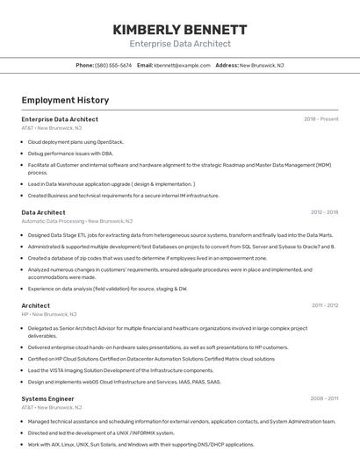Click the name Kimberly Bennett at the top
coord(180,29)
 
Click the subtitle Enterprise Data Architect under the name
coord(180,44)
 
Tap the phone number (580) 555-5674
coord(113,65)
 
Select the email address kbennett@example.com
coord(183,65)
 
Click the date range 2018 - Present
coord(320,119)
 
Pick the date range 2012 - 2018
coord(324,212)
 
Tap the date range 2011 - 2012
coord(324,305)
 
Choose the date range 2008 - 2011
coord(324,398)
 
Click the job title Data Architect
coord(43,212)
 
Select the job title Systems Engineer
coord(47,398)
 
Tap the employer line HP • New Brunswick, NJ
coord(49,314)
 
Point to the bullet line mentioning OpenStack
coord(76,141)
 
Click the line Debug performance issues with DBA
coord(70,153)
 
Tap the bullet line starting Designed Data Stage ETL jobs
coord(180,235)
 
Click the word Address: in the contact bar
coord(227,65)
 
